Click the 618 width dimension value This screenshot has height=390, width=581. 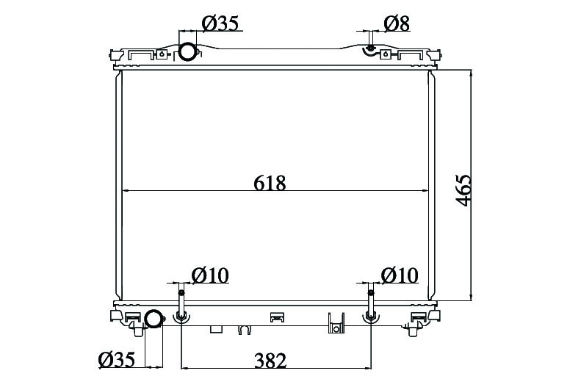(270, 183)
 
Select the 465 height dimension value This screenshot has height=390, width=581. (463, 190)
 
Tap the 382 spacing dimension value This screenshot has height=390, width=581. (270, 361)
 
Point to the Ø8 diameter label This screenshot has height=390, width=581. (397, 24)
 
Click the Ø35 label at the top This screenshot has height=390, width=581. (220, 24)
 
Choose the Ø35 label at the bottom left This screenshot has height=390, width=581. (117, 360)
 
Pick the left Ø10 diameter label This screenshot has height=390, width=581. (210, 275)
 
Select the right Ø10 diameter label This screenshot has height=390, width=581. (400, 275)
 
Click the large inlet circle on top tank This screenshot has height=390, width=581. (187, 52)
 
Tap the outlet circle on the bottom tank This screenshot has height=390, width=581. (154, 319)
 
